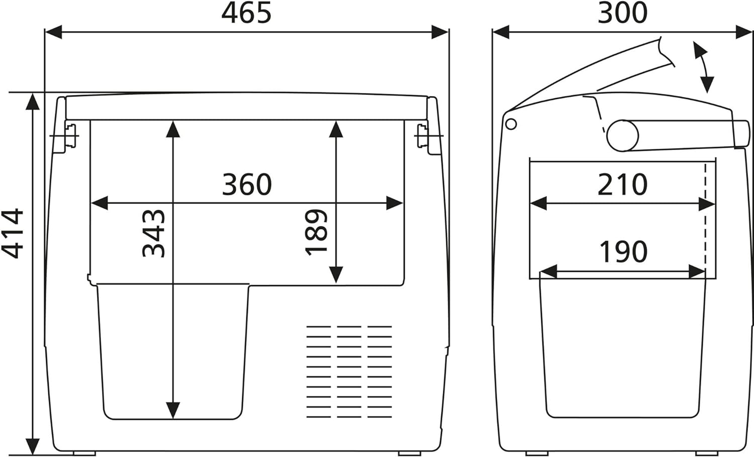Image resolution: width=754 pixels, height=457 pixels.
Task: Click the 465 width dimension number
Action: tap(246, 13)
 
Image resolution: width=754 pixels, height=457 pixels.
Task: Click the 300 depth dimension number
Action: tap(622, 13)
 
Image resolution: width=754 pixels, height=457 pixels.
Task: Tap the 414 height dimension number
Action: tap(13, 234)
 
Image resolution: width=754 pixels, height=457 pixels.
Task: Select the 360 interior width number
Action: tap(247, 184)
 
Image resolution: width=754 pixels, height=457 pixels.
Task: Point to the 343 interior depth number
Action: tap(153, 234)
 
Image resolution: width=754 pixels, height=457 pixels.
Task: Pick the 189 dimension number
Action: tap(316, 233)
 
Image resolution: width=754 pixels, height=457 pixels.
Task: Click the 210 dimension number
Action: tap(622, 184)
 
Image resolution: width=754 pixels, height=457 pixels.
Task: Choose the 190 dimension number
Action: tap(624, 251)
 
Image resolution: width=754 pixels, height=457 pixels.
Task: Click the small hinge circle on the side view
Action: tap(511, 124)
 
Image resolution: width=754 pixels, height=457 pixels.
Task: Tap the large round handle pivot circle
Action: tap(623, 136)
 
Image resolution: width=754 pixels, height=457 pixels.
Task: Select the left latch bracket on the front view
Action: tap(70, 136)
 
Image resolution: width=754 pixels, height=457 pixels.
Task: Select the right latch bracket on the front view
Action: tap(423, 136)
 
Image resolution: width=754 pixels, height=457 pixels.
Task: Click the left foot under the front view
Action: tap(84, 453)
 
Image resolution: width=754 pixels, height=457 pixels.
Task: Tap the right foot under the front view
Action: tap(410, 453)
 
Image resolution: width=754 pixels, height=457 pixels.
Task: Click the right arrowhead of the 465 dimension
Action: tap(440, 32)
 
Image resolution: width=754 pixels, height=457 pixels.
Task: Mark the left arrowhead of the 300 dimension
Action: tap(501, 32)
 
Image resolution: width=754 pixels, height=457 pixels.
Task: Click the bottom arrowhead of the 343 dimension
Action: tap(173, 411)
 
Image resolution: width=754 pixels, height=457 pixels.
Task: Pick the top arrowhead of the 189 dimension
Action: tap(336, 130)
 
